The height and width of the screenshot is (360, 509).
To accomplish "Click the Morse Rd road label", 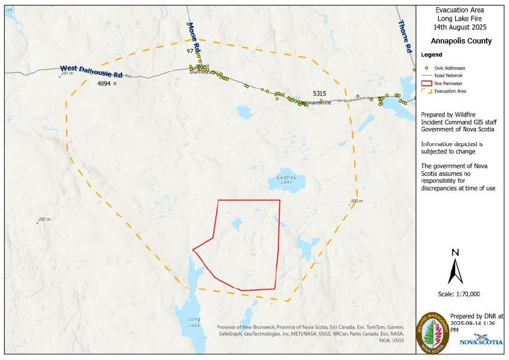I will pos(193,37).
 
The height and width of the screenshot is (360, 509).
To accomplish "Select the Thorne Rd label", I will pos(405,36).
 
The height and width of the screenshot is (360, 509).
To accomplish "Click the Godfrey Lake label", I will pos(286,180).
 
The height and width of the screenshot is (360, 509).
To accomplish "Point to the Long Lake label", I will pos(194,322).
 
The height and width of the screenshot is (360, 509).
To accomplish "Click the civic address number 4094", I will pos(104,84).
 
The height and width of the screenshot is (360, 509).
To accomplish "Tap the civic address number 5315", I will pos(319,94).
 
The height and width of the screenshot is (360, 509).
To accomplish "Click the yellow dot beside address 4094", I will pos(115,83).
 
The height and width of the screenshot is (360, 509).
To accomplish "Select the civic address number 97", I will pos(190,52).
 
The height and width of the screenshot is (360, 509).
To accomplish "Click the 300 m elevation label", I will pos(356,201).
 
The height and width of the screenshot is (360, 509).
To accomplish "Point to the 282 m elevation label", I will pos(44,219).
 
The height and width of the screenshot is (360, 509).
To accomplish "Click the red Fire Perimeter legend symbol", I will pos(426,83).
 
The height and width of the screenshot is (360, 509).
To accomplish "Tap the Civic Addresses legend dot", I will pos(426,68).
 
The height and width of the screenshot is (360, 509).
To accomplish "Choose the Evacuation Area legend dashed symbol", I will pos(426,91).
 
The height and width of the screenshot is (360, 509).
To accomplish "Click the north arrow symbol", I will pos(455,266).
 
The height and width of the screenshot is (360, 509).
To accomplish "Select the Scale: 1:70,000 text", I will pos(459,294).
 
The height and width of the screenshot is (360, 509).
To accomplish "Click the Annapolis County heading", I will pos(461,41).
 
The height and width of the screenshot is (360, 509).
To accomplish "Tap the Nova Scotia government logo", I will pos(481,341).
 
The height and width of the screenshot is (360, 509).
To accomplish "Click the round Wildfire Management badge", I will pos(433,333).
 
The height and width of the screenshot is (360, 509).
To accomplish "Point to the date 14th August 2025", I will pos(460,27).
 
